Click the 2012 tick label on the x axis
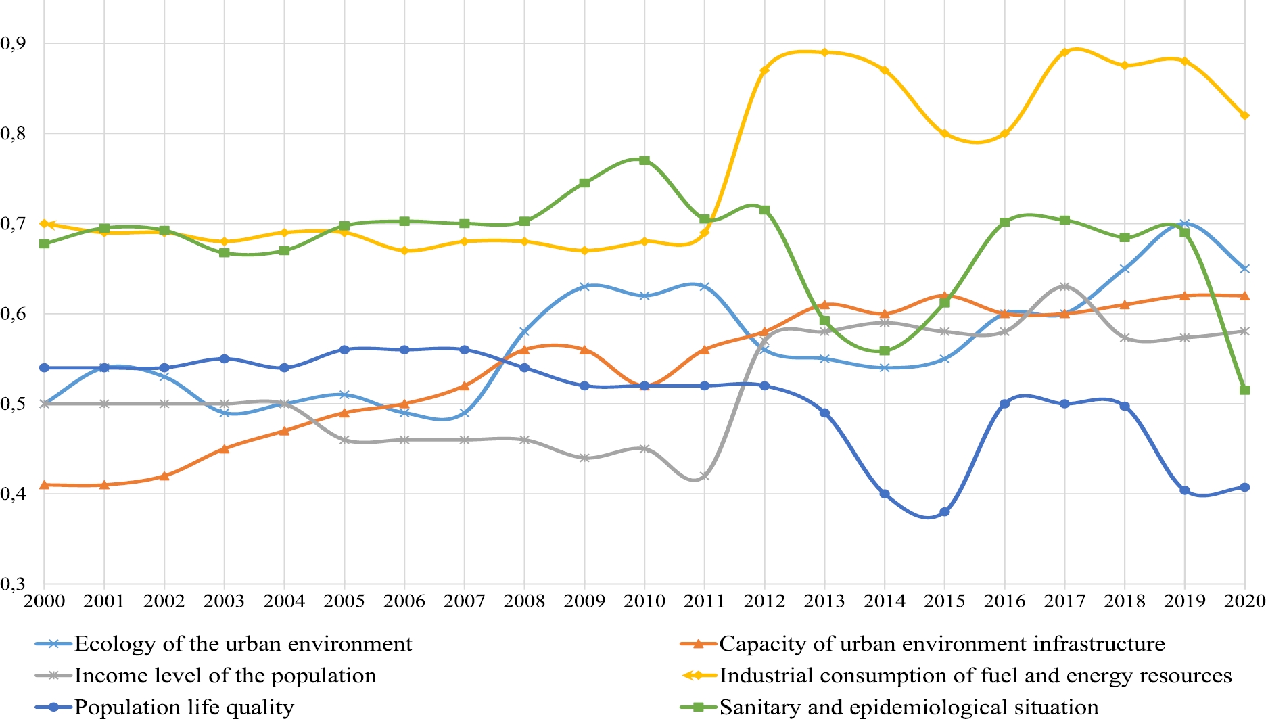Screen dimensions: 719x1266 (x=764, y=601)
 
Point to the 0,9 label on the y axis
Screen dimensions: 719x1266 (x=13, y=43)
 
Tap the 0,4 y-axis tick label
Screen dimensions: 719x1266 (x=13, y=494)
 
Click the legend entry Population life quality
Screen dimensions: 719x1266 (x=184, y=708)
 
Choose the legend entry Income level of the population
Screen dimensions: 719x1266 (x=225, y=676)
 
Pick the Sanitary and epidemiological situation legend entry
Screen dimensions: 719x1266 (x=908, y=708)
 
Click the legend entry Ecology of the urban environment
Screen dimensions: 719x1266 (x=243, y=644)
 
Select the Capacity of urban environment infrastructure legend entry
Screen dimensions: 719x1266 (x=941, y=644)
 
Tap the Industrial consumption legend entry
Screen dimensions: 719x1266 (x=975, y=676)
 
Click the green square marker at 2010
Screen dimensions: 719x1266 (x=644, y=160)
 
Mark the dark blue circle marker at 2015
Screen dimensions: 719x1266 (x=945, y=512)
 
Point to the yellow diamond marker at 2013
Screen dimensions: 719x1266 (x=824, y=52)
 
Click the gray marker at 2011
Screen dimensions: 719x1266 (x=705, y=476)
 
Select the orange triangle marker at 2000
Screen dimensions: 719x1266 (x=45, y=484)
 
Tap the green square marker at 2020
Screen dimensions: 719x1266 (x=1244, y=390)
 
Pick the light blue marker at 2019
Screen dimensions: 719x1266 (x=1184, y=223)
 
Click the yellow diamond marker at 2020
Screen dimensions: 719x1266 (x=1244, y=116)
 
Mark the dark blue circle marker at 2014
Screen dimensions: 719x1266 (x=885, y=494)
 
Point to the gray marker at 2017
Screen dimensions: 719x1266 (x=1064, y=287)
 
